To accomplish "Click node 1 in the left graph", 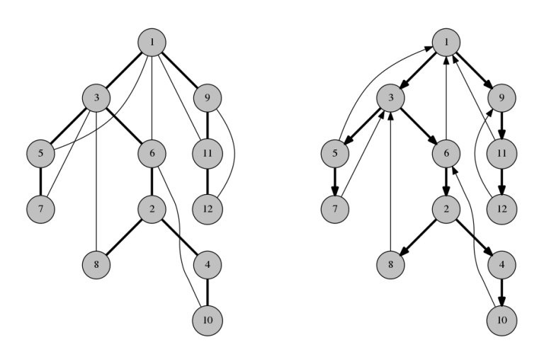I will coord(152,42).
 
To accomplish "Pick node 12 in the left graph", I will coord(206,209).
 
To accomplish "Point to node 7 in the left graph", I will coord(40,209).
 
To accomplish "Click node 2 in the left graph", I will coord(152,209).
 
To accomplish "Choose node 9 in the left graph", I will coord(206,97).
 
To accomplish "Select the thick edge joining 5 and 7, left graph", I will coord(40,181).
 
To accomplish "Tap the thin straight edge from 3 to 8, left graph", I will coord(96,184).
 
